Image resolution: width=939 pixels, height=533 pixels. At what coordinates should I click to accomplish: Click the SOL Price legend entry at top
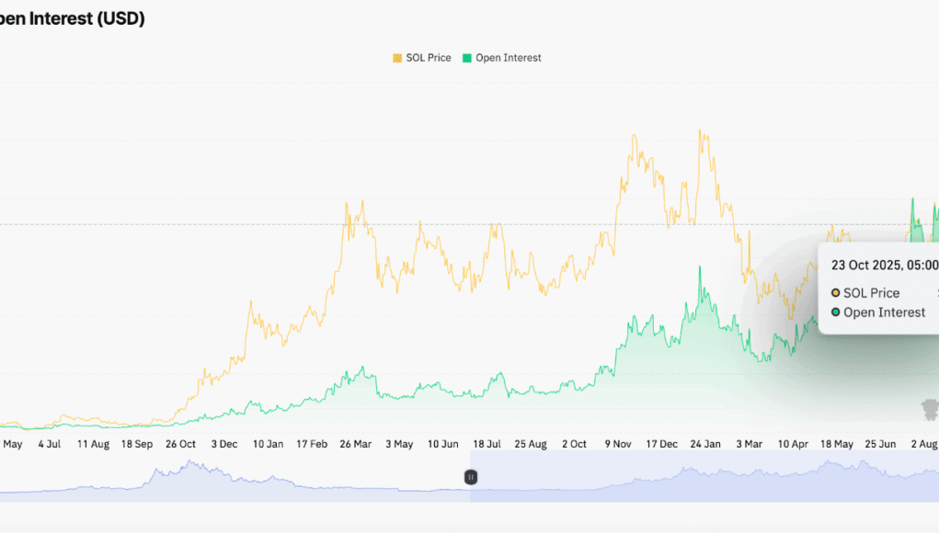(422, 58)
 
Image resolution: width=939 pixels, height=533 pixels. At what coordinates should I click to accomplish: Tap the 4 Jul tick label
(49, 444)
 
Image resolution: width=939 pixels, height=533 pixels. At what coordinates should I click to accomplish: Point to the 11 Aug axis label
(93, 444)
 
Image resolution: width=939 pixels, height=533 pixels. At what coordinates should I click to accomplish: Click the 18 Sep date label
(137, 444)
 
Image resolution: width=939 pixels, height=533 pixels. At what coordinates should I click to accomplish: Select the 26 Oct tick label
(180, 444)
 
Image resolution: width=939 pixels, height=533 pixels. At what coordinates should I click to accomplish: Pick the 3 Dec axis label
(224, 444)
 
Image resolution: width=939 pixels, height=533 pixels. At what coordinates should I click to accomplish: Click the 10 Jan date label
(268, 444)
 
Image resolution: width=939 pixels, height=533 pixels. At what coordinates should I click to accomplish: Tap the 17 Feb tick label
(312, 444)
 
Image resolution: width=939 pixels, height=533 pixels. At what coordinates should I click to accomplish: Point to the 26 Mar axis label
(355, 444)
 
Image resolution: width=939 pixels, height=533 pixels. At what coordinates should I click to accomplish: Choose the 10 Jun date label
(443, 444)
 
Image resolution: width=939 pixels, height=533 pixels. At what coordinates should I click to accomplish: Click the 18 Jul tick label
(487, 444)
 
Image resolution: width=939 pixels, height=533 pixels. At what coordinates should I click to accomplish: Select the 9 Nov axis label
(618, 444)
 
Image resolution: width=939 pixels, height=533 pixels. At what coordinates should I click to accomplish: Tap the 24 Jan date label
(705, 444)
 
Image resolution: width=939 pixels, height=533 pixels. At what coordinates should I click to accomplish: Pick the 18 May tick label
(837, 444)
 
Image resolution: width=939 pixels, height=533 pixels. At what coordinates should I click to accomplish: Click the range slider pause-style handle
(470, 477)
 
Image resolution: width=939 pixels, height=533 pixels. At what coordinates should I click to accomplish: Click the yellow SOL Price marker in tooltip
(835, 293)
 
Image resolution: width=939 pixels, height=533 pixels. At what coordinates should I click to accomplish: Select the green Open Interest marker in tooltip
(835, 312)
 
